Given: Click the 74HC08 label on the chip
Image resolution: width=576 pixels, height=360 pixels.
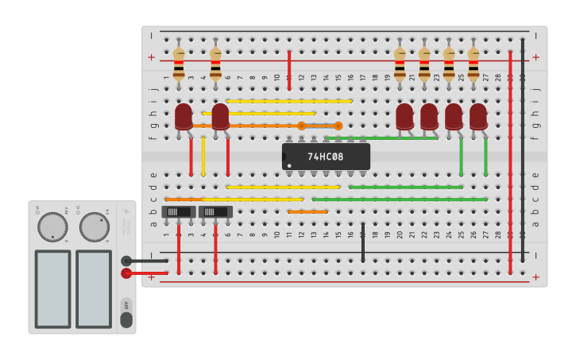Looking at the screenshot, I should [x=326, y=157].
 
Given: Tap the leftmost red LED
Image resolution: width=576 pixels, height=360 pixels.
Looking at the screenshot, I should [x=184, y=116].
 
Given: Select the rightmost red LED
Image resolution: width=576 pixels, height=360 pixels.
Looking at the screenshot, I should [x=478, y=116].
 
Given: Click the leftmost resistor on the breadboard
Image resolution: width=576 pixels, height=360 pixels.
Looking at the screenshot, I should [x=179, y=63].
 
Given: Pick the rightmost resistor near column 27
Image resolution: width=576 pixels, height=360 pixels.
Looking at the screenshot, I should [x=474, y=63].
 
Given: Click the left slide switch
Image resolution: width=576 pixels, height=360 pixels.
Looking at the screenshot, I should [x=179, y=212].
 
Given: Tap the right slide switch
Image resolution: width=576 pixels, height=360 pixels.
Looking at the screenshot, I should [x=215, y=212].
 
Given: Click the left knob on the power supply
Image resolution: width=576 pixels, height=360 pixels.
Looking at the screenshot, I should [x=53, y=226].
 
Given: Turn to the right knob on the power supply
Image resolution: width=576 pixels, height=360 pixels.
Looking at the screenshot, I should [x=94, y=226].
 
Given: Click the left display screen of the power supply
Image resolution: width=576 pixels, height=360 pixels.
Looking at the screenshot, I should [x=53, y=288].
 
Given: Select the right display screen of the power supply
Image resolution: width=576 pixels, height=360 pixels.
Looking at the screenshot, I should [x=94, y=288].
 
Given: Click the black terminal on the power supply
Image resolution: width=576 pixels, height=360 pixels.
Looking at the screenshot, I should [x=126, y=261].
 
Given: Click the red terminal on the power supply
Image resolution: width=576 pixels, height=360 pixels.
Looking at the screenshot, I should [x=126, y=273].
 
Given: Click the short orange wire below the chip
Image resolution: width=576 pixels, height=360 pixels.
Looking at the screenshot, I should [x=307, y=212].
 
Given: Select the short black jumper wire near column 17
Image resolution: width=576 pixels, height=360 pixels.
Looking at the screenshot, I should [x=363, y=242].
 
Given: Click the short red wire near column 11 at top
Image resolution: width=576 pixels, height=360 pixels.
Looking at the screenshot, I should [x=289, y=70].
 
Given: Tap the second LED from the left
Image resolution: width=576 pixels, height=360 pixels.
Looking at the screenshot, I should [x=220, y=116].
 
